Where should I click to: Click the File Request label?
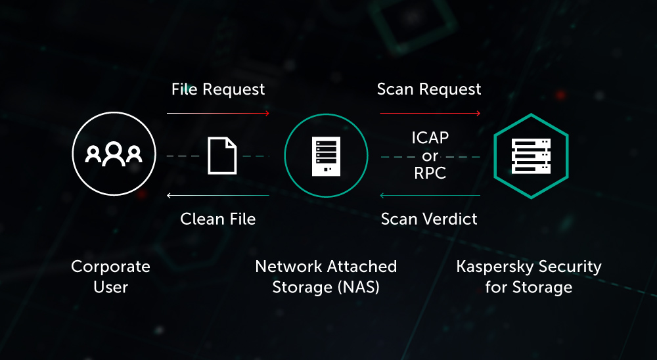click(218, 89)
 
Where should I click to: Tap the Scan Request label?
click(429, 89)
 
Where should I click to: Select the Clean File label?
click(218, 219)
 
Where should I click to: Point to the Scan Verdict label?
click(429, 219)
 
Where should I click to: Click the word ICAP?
click(430, 137)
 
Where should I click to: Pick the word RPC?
click(430, 173)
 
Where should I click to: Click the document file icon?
click(222, 156)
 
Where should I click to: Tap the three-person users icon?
click(114, 154)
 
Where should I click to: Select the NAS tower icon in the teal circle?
click(326, 156)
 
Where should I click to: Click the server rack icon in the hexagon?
click(531, 156)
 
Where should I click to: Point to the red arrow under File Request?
click(218, 113)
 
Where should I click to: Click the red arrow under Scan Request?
click(430, 113)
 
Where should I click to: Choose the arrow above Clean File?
click(218, 195)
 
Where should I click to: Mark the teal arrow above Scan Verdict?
click(430, 195)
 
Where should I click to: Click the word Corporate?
click(110, 267)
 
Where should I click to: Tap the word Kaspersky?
click(493, 267)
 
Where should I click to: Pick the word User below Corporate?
click(110, 288)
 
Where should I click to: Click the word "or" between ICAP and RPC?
click(430, 156)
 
